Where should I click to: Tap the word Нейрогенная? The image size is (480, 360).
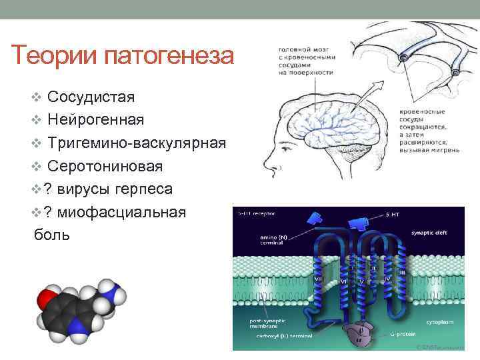(96, 120)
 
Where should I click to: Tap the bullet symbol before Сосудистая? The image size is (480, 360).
(37, 98)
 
